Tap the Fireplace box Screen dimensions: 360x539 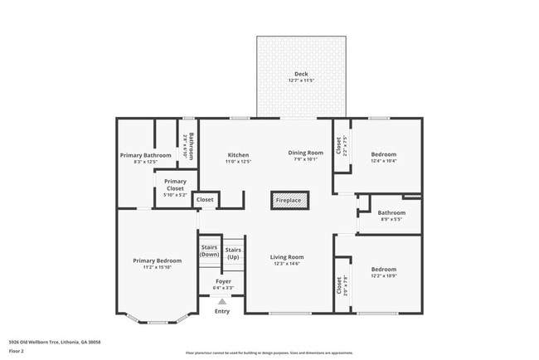point(289,200)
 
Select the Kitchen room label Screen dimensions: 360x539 point(238,155)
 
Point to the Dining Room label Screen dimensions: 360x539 point(305,153)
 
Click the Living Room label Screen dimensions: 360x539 point(287,257)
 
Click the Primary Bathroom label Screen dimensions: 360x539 point(145,155)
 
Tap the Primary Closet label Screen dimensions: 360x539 point(175,185)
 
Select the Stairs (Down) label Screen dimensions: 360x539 point(210,251)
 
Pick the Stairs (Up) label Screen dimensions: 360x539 point(233,253)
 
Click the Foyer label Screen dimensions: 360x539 point(223,281)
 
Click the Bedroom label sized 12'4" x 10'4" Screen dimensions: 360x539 point(383,154)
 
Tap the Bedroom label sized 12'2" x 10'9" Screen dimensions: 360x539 point(383,270)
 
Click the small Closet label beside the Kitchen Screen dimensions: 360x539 point(205,200)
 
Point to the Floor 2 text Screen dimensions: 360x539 point(17,351)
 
